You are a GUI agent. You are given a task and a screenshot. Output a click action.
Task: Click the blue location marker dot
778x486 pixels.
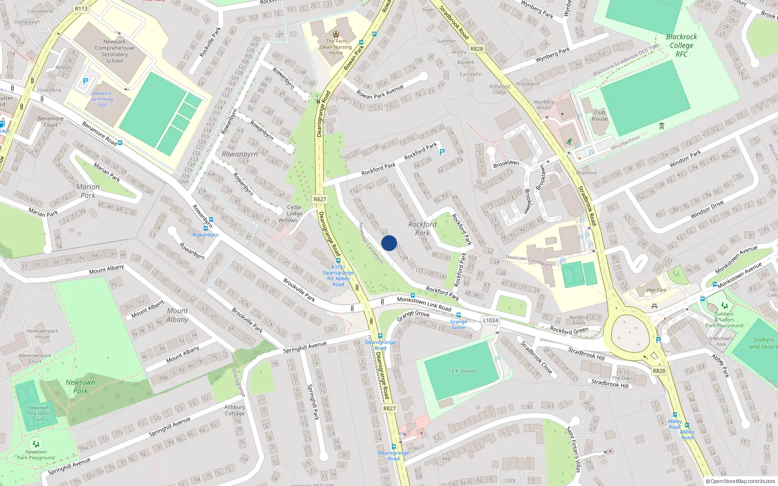389,243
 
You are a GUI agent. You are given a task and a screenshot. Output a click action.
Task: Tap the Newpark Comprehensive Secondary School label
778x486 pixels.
115,51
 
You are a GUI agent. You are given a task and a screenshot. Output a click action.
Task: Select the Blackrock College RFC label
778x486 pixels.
681,45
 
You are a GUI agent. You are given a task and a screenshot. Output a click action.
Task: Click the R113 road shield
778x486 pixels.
81,9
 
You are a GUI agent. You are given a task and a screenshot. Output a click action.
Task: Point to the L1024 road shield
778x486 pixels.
491,320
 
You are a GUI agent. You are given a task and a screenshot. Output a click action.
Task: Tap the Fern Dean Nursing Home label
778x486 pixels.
336,47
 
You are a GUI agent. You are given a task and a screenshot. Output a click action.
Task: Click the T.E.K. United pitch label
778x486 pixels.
461,371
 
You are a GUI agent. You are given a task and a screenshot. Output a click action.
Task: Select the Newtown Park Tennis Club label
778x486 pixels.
38,414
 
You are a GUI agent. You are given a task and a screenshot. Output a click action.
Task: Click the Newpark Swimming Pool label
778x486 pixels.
102,99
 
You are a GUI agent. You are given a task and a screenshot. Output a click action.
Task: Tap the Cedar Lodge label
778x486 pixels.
294,210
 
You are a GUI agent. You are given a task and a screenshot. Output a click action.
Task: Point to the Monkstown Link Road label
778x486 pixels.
424,303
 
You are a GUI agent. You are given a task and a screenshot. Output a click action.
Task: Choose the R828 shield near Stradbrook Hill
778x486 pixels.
659,371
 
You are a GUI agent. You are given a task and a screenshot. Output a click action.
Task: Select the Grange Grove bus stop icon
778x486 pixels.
458,315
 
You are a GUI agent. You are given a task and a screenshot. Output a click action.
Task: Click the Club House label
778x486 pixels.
600,116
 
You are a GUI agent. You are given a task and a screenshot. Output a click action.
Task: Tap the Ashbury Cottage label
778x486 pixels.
235,410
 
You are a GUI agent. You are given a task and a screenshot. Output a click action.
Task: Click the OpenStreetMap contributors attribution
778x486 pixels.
741,481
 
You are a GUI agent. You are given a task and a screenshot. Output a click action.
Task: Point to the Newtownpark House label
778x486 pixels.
42,334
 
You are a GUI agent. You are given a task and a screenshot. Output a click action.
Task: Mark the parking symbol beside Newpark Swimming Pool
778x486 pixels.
86,82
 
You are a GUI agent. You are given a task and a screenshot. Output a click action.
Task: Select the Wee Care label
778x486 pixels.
656,290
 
